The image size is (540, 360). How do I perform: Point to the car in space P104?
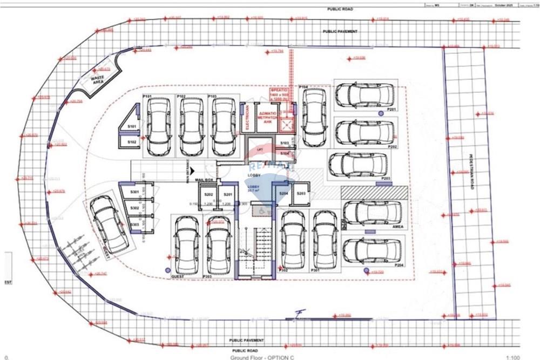(x=312, y=117)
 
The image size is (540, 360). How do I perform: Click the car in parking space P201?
(x=364, y=95)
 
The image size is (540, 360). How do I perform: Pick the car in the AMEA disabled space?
(x=372, y=213)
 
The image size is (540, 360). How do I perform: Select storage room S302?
(x=135, y=208)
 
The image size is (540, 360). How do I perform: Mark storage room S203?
(x=301, y=194)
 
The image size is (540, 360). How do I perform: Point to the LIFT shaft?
(x=259, y=148)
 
